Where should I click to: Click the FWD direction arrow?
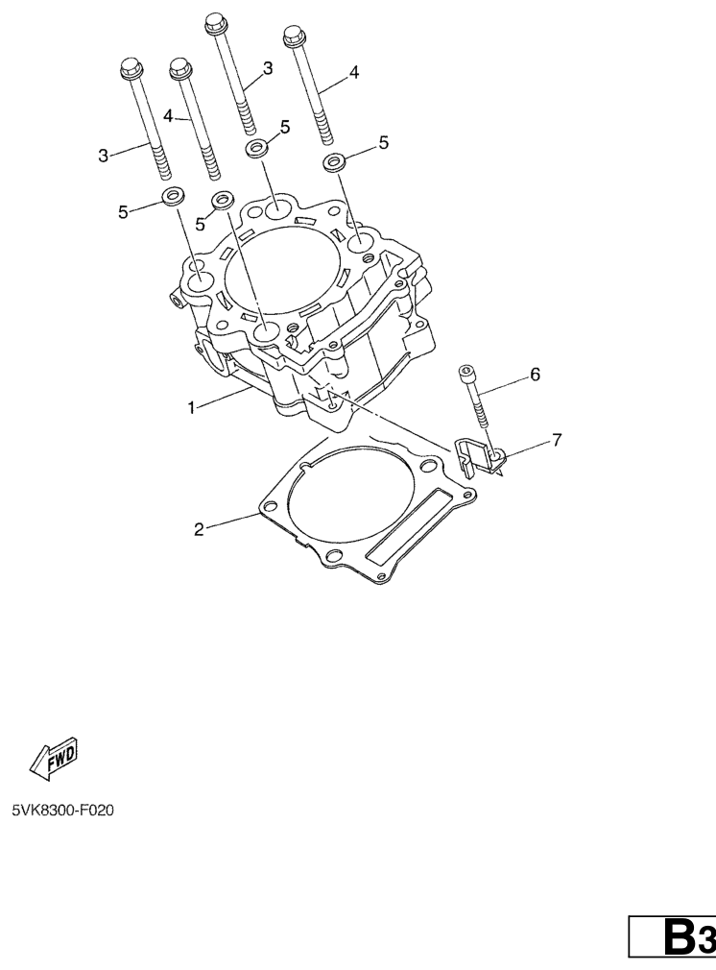click(54, 758)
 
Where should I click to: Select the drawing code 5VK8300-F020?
click(63, 810)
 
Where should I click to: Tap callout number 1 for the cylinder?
click(192, 407)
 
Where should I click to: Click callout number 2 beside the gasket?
click(199, 529)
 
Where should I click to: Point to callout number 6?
click(535, 375)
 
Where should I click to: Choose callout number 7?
click(557, 441)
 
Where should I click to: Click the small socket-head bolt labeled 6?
click(474, 396)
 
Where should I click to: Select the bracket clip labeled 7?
click(481, 456)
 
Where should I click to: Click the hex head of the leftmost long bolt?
click(131, 68)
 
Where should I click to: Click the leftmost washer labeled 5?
click(173, 197)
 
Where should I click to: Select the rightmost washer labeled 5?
click(334, 163)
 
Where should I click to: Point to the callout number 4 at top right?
click(353, 72)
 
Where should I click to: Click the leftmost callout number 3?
click(104, 156)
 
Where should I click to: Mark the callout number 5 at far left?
click(123, 211)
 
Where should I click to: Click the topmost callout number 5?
click(284, 127)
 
